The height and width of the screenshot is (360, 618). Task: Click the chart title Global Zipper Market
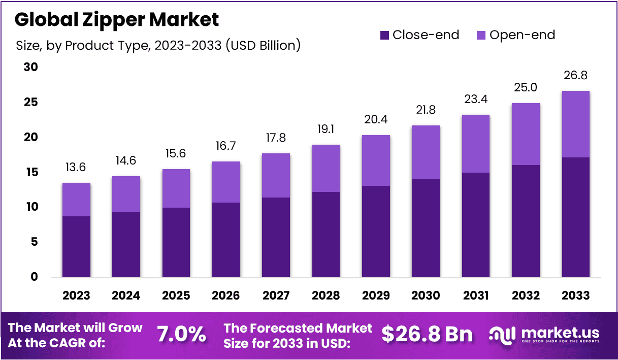coord(117,20)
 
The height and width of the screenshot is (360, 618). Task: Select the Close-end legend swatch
coord(384,35)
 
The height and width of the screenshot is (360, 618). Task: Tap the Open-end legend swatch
coord(481,35)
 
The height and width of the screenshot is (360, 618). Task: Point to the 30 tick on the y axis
coord(31,68)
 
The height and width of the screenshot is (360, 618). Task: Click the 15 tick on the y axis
coord(31,173)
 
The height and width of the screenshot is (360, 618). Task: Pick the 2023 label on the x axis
coord(76,296)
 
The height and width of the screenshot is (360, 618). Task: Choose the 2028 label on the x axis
coord(326,296)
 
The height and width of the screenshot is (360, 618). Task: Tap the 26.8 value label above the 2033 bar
coord(576,76)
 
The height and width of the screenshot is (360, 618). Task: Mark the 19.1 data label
coord(326,129)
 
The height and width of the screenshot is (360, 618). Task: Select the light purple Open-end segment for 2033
coord(576,124)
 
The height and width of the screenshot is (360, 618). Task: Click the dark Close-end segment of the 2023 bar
coord(76,247)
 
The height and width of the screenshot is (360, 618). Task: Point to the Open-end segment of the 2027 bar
coord(276,176)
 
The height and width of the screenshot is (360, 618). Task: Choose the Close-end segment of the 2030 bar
coord(426,228)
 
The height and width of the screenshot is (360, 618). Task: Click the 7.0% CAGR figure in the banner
coord(181,335)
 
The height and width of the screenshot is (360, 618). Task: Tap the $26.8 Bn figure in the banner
coord(427,335)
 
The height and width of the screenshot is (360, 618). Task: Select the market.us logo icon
coord(502,335)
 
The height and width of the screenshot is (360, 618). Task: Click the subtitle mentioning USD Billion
coord(158,46)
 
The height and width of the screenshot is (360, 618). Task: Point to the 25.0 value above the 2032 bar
coord(526,88)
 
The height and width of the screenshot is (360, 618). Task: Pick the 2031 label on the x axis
coord(476,296)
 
